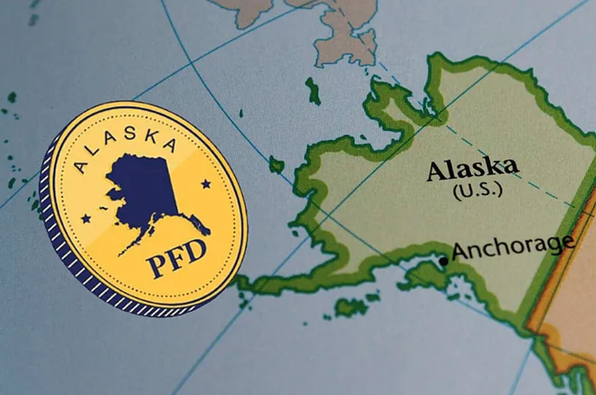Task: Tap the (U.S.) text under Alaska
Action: click(x=478, y=190)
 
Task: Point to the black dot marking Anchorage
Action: click(x=444, y=261)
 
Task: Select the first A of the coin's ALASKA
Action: click(x=82, y=166)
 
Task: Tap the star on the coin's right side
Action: click(x=206, y=184)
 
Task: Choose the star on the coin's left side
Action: click(x=85, y=219)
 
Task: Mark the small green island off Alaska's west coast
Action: click(x=276, y=165)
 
